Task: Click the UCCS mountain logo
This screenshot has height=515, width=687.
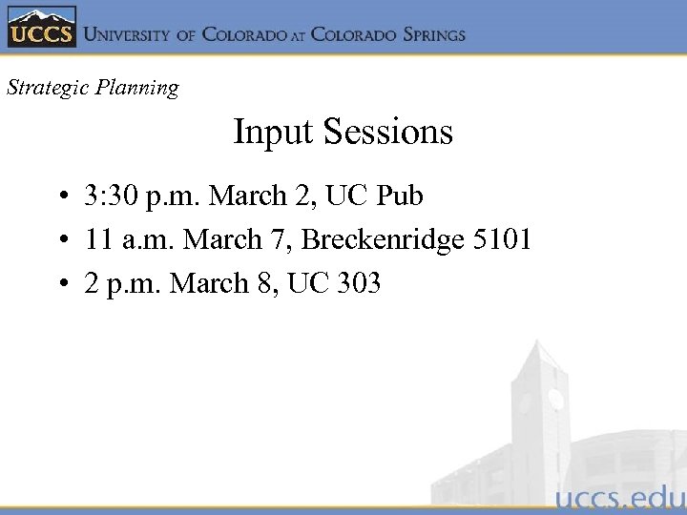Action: pos(41,28)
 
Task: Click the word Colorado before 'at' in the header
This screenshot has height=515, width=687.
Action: pos(243,34)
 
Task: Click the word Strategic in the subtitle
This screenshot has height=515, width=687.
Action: pos(44,88)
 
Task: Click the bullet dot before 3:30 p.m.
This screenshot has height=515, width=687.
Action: pos(60,197)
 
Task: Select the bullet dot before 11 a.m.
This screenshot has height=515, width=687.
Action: pos(60,240)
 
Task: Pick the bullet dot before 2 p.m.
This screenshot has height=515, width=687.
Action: pos(60,283)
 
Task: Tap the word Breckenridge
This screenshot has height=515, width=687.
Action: pos(383,239)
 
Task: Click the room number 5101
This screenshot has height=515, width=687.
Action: pos(503,239)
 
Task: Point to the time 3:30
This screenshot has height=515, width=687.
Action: pos(109,196)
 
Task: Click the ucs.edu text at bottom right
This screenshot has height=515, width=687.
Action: pos(619,498)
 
